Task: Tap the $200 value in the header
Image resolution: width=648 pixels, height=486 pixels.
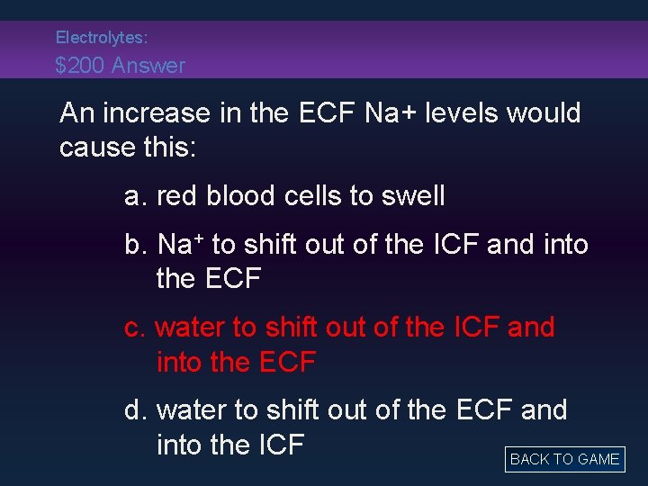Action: (79, 66)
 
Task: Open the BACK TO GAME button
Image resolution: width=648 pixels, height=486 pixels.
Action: (564, 459)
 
